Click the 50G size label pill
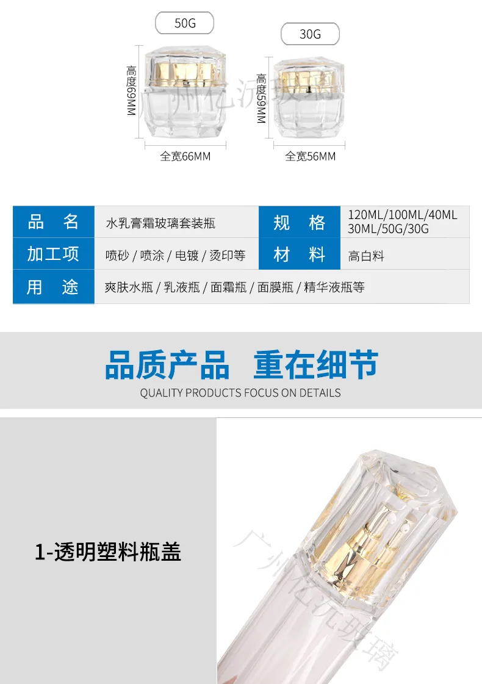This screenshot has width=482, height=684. (184, 23)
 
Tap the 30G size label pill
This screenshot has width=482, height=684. (310, 34)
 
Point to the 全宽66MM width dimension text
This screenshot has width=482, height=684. (185, 156)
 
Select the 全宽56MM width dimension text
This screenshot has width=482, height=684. (311, 156)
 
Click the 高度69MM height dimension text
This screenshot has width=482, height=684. (131, 91)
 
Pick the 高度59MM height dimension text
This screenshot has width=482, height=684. (261, 98)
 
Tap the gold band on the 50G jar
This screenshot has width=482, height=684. (185, 73)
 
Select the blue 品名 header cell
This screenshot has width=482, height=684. (54, 221)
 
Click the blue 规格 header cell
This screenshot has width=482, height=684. (299, 221)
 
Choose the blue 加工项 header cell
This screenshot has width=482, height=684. (54, 253)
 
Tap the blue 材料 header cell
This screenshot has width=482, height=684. (299, 253)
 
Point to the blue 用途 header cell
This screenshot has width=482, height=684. (54, 287)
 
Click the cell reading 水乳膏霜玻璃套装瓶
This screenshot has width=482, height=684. (177, 221)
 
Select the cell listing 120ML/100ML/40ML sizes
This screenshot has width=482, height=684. (405, 221)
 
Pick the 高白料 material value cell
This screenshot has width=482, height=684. (405, 253)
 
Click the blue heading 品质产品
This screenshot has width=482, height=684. (167, 365)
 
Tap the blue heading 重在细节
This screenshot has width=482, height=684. (316, 365)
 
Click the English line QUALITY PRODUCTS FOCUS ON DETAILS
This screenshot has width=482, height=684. (240, 393)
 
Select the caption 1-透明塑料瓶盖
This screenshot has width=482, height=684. (108, 552)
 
